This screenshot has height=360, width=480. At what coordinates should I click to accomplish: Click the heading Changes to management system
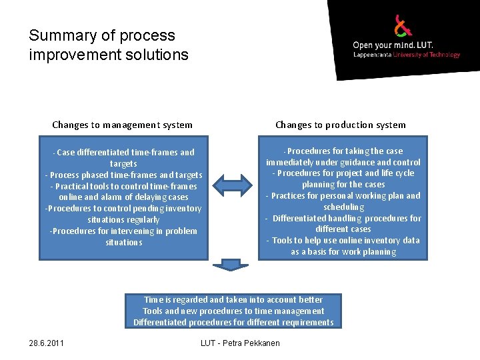122,125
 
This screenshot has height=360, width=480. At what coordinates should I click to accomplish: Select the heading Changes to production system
340,125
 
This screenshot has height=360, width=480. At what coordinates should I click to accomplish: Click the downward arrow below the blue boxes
230,265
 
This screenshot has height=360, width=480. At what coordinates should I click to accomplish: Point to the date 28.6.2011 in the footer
47,343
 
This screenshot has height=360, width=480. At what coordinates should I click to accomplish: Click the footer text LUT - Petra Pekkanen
240,343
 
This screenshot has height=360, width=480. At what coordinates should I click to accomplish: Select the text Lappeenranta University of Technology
406,55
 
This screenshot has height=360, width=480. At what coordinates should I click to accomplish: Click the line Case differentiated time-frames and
125,152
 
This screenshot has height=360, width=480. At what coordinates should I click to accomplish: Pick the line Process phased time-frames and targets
124,175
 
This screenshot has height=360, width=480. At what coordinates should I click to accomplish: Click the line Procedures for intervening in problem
124,231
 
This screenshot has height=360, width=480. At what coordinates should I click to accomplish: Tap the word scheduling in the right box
343,207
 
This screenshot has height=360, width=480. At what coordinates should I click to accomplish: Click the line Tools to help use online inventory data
343,240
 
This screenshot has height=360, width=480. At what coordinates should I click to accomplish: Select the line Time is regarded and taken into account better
233,300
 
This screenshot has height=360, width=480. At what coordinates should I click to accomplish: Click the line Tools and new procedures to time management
233,311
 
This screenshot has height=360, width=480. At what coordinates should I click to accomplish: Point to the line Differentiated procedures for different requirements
233,322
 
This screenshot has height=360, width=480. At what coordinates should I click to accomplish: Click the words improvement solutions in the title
109,55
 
